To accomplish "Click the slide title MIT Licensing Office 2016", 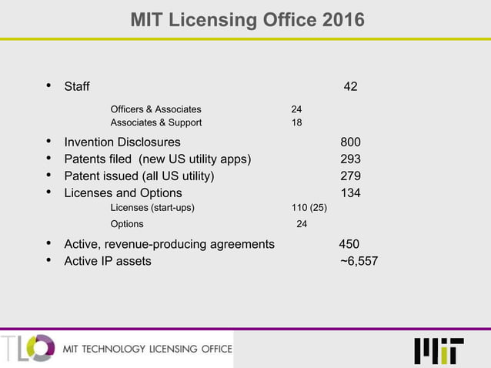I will [x=246, y=18].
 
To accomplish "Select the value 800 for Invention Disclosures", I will [x=351, y=142].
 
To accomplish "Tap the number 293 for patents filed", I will [x=351, y=159].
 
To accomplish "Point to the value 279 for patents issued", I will [x=351, y=176].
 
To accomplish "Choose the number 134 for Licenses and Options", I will [x=351, y=193].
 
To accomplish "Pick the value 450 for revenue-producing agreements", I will [x=349, y=244].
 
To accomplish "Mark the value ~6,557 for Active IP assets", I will [x=359, y=261].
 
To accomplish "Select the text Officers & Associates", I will [x=156, y=109].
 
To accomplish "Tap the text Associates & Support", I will [x=156, y=122].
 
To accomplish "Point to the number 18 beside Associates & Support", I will [x=296, y=122].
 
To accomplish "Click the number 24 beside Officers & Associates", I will [x=296, y=109].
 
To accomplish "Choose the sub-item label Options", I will [x=127, y=225].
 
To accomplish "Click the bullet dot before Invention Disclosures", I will [x=49, y=142].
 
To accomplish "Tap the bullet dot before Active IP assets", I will [x=49, y=260].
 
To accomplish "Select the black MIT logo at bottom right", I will [x=439, y=350].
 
